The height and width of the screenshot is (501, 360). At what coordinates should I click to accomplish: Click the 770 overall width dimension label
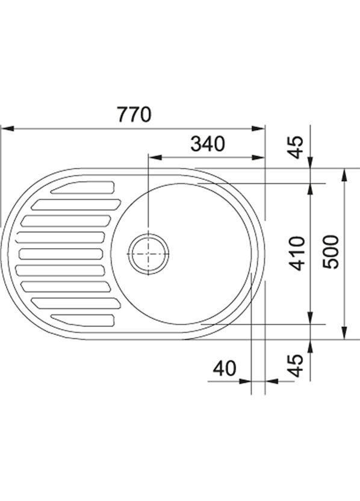tap(134, 114)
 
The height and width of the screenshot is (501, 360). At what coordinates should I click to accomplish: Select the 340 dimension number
tap(208, 144)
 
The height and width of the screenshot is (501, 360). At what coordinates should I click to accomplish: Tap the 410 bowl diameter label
tap(296, 253)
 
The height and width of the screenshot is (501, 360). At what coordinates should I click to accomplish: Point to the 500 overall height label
tap(331, 252)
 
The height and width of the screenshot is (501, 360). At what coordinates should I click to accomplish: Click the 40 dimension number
tap(224, 369)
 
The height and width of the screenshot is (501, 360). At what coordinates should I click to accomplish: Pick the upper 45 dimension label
tap(296, 148)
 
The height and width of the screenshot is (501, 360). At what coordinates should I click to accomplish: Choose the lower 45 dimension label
tap(295, 366)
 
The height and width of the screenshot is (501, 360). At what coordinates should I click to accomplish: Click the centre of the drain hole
tap(148, 254)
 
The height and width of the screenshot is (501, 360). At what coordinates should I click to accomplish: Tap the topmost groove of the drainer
tap(82, 187)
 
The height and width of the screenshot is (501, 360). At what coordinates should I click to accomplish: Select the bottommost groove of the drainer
tap(82, 320)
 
